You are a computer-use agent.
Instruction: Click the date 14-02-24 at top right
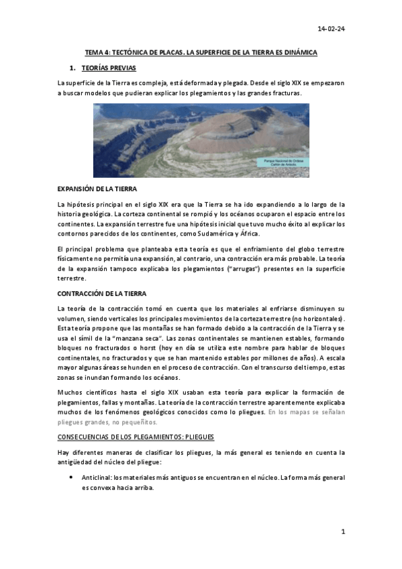(x=331, y=29)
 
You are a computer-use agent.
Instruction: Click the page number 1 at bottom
(x=342, y=531)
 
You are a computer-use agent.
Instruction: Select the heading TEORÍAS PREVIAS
(x=108, y=68)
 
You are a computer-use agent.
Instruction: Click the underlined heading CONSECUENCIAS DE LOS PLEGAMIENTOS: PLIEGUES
(x=136, y=437)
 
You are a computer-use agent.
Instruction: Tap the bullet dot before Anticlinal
(x=71, y=478)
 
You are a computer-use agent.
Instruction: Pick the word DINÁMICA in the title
(x=300, y=52)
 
